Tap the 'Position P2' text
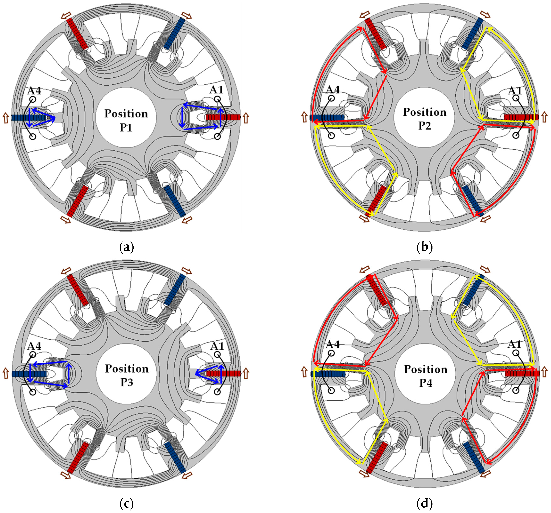(425, 119)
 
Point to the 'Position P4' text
(425, 376)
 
